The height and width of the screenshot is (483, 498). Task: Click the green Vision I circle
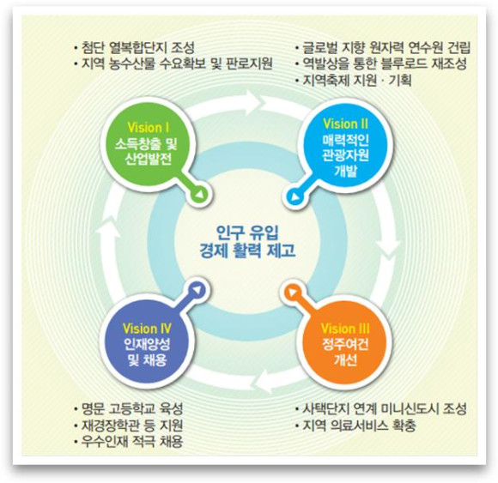[147, 145]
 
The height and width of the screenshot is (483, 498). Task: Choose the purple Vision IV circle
[147, 345]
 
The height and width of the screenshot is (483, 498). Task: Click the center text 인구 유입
[247, 232]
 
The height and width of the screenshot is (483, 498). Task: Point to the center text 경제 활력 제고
[247, 250]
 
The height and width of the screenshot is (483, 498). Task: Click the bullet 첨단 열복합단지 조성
[134, 47]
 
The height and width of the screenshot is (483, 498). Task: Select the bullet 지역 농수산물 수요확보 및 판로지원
[173, 63]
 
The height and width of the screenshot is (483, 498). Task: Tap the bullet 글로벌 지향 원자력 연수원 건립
[383, 47]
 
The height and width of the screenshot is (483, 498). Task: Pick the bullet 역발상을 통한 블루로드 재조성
[381, 63]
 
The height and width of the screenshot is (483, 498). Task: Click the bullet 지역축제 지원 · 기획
[353, 81]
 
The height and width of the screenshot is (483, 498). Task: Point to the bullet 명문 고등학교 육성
[128, 408]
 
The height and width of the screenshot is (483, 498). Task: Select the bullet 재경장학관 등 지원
[128, 426]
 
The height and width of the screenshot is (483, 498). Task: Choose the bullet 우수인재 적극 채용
[128, 442]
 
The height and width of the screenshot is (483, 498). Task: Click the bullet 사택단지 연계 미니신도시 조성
[381, 408]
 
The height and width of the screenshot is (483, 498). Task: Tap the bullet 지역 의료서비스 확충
[355, 426]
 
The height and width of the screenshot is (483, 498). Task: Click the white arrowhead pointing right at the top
[256, 100]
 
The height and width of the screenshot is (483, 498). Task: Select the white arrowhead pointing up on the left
[107, 228]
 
